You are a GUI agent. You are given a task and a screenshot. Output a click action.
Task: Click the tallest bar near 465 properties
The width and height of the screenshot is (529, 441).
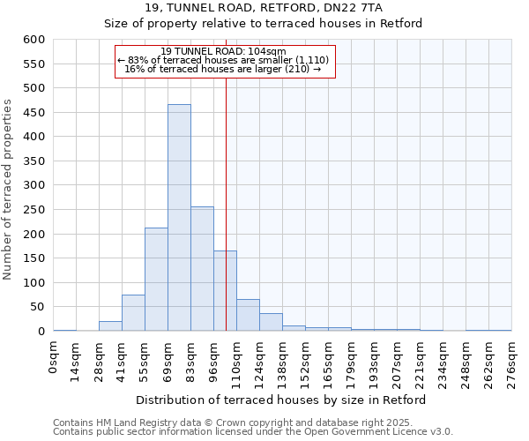pos(179,218)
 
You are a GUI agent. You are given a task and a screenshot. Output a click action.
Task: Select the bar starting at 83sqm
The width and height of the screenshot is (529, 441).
pos(202,269)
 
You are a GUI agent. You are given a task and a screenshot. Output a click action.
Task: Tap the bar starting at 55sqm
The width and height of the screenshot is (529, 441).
pos(156,280)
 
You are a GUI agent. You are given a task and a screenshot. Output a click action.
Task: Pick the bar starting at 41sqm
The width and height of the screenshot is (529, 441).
pos(133,313)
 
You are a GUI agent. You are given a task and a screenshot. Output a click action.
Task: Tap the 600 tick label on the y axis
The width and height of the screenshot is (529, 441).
pos(34,40)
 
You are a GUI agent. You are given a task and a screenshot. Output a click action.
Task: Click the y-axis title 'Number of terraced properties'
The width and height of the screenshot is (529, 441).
pos(8,189)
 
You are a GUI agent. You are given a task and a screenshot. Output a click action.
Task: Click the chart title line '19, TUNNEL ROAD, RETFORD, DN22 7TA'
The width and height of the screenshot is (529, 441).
pos(264,8)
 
